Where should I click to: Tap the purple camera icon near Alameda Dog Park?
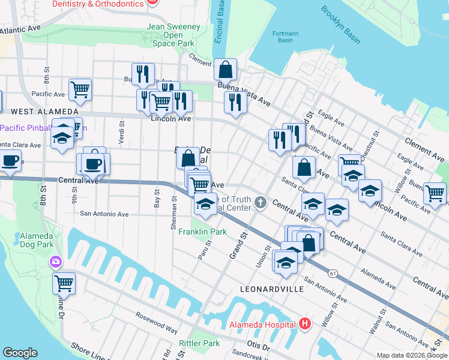[55, 262]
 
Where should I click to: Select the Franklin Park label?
[202, 232]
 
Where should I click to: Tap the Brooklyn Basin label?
[340, 25]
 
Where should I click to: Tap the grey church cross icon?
[260, 202]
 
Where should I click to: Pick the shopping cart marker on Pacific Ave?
[80, 90]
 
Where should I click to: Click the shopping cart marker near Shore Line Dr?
[64, 282]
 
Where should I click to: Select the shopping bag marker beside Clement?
[224, 70]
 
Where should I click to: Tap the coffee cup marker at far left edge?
[10, 161]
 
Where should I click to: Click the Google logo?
[20, 353]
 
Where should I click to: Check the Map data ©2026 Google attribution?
[412, 355]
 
